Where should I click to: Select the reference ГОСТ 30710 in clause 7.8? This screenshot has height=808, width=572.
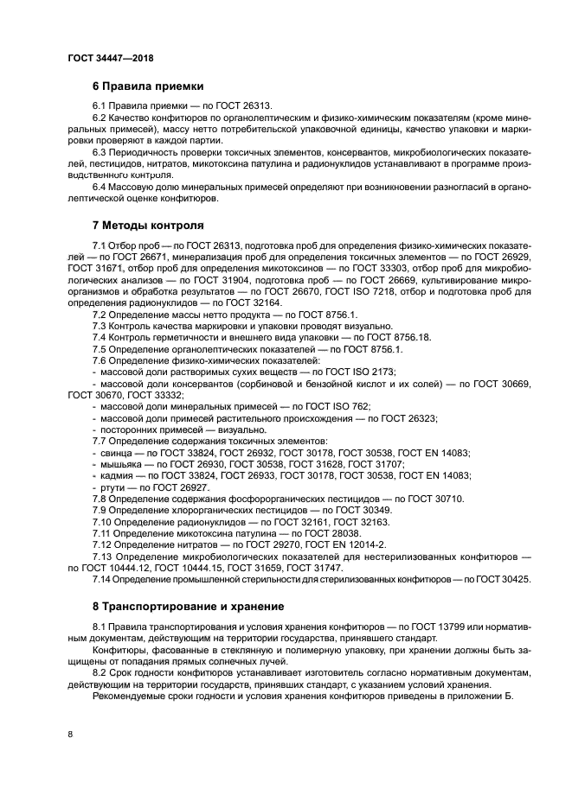pos(433,499)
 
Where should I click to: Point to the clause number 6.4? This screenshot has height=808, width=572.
pos(102,187)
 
